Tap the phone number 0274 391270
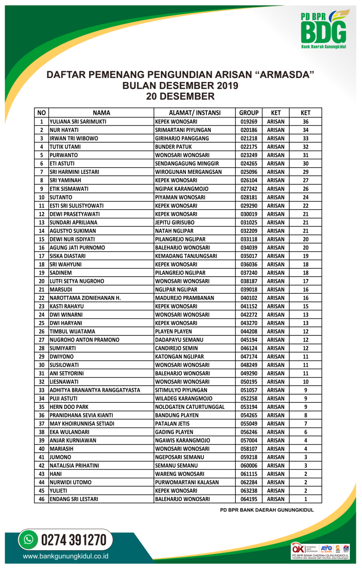tap(74, 540)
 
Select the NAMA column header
tap(101, 113)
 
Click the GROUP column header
tap(248, 113)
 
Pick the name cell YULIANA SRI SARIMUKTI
tap(78, 122)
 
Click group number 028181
tap(248, 197)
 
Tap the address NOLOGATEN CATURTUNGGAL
tap(190, 407)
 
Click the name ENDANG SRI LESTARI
tap(74, 499)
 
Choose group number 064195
tap(248, 499)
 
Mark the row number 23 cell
tap(41, 306)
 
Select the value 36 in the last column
tap(305, 122)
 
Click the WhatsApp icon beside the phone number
tap(29, 540)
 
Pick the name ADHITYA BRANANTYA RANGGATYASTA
tap(95, 390)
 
